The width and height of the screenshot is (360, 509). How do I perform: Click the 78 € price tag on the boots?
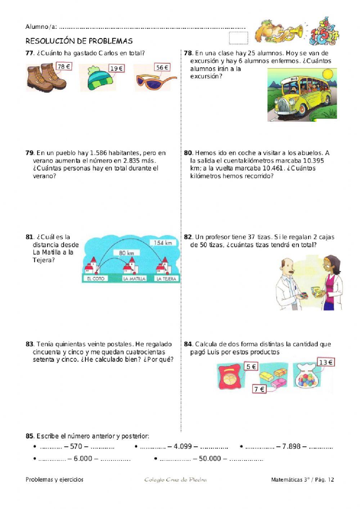pos(64,66)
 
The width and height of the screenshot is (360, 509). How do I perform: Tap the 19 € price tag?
pos(116,68)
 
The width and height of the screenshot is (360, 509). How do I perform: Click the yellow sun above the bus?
pos(328,75)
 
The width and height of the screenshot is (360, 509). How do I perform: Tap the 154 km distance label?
pos(163,243)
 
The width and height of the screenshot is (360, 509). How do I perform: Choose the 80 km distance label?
pos(126,253)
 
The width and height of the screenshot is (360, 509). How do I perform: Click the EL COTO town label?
pos(95,278)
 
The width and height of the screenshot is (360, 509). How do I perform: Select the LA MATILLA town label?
pos(134,278)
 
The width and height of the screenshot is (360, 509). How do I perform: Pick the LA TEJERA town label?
pos(166,278)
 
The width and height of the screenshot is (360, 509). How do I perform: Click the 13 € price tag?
pos(325,362)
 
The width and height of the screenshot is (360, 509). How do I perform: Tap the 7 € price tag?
pos(259,389)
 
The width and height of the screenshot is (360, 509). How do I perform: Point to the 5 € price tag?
pos(251,366)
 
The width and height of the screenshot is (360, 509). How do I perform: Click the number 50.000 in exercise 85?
pos(210,458)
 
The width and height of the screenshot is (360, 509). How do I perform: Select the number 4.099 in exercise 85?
pos(183,446)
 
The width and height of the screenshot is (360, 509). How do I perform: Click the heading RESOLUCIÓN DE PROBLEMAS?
pos(79,41)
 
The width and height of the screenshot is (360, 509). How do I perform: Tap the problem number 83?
pos(29,344)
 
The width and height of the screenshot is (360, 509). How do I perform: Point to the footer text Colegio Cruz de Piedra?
pos(175,479)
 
